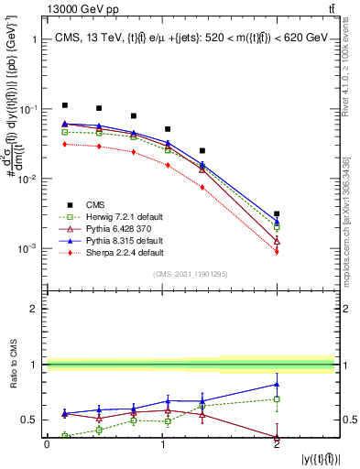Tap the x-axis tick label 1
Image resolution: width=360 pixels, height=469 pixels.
[162, 445]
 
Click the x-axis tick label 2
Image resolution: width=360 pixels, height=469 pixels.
[277, 445]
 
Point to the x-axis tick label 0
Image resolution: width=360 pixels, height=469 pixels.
[47, 445]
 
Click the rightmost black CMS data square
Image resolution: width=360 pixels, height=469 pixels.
[277, 213]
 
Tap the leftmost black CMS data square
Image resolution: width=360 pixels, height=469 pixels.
[65, 105]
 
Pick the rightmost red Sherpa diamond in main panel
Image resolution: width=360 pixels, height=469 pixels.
[277, 252]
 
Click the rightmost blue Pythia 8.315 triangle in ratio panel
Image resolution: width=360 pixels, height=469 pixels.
[277, 384]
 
